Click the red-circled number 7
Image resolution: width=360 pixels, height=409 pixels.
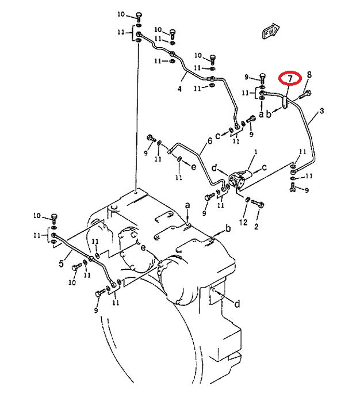(290, 78)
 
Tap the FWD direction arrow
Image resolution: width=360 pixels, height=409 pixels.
(271, 31)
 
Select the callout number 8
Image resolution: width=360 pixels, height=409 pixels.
(309, 75)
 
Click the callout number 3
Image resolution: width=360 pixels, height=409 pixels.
(321, 111)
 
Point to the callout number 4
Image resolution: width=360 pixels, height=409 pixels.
(179, 89)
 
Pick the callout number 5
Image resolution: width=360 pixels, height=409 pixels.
(61, 263)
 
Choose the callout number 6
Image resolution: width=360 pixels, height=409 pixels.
(210, 141)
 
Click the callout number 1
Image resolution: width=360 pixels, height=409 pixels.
(256, 151)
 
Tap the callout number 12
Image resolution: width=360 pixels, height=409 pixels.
(243, 222)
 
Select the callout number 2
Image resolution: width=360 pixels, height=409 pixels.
(256, 227)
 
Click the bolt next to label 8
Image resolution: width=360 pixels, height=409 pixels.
(305, 94)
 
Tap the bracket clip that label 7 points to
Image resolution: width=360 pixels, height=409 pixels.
(285, 102)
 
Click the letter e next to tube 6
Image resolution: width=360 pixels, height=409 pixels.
(193, 167)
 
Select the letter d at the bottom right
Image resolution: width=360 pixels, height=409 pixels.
(237, 304)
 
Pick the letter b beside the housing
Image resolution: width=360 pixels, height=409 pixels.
(228, 228)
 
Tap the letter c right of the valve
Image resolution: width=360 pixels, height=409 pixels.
(265, 167)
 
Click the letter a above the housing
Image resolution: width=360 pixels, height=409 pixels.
(187, 205)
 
